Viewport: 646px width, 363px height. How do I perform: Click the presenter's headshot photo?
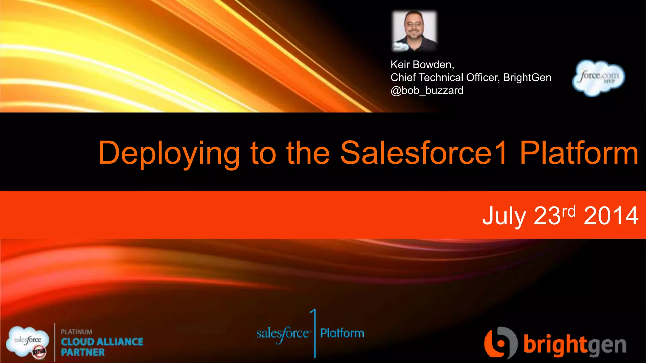tap(414, 31)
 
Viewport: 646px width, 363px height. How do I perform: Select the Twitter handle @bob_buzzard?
tap(427, 91)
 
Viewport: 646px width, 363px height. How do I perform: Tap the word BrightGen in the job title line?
tap(527, 78)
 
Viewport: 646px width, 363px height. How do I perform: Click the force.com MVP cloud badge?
tap(598, 78)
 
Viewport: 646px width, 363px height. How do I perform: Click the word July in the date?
tap(504, 216)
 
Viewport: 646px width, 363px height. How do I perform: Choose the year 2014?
tap(611, 216)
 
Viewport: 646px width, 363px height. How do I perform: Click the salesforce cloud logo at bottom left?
tap(28, 342)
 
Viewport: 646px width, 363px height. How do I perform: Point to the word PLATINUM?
tap(77, 332)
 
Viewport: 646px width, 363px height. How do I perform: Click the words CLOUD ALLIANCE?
tap(102, 342)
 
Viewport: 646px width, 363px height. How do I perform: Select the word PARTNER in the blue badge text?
tap(83, 352)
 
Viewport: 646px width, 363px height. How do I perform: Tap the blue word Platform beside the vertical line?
tap(342, 333)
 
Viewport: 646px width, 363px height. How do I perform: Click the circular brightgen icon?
tap(500, 343)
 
